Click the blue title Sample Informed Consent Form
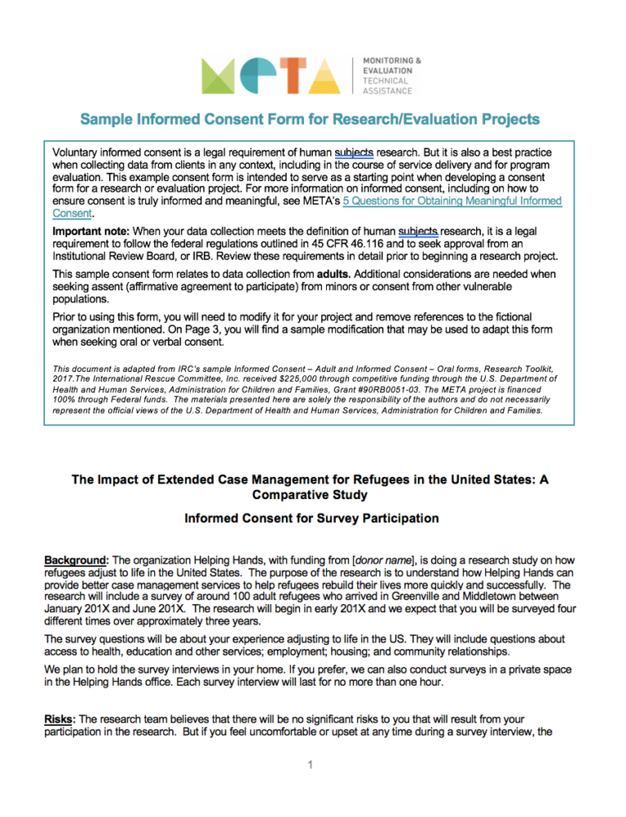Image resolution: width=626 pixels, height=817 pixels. [310, 121]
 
